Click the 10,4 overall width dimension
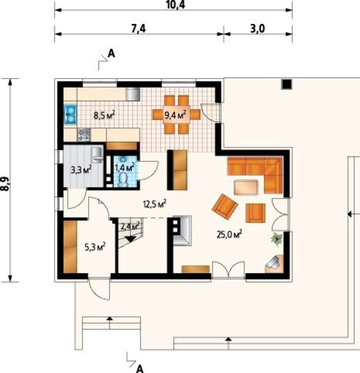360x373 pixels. pyautogui.click(x=175, y=5)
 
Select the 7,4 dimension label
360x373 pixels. pyautogui.click(x=138, y=29)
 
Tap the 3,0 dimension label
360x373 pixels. pyautogui.click(x=257, y=29)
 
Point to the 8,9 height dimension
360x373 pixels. pyautogui.click(x=5, y=184)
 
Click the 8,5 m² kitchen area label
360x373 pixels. pyautogui.click(x=104, y=116)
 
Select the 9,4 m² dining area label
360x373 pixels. pyautogui.click(x=175, y=116)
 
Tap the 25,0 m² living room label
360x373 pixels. pyautogui.click(x=229, y=234)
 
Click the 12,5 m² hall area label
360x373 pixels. pyautogui.click(x=154, y=204)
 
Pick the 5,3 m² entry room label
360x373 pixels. pyautogui.click(x=95, y=247)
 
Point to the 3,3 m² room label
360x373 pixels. pyautogui.click(x=81, y=170)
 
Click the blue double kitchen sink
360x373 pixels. pyautogui.click(x=70, y=115)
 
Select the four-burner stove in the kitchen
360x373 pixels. pyautogui.click(x=84, y=135)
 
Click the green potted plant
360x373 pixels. pyautogui.click(x=277, y=239)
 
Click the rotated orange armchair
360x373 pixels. pyautogui.click(x=225, y=207)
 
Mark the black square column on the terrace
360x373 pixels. pyautogui.click(x=287, y=84)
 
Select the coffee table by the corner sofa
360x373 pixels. pyautogui.click(x=246, y=188)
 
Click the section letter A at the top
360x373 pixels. pyautogui.click(x=111, y=53)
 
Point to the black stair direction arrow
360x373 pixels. pyautogui.click(x=130, y=239)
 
